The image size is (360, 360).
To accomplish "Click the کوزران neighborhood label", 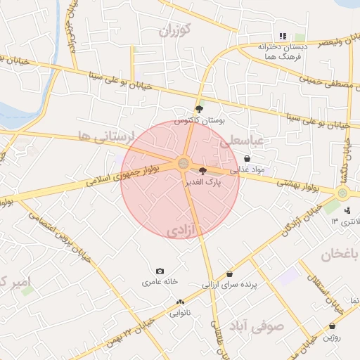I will click(174, 30).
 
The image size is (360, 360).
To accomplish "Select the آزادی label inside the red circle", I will click(184, 231).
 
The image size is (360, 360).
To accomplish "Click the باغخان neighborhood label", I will click(340, 254).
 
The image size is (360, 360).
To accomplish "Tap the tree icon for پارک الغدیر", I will click(203, 170).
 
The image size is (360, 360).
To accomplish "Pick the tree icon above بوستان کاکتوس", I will click(199, 109).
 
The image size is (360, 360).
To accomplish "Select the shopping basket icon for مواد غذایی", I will click(247, 159).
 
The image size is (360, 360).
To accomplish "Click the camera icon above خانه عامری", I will click(160, 271).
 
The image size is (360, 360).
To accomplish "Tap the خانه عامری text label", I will click(160, 282).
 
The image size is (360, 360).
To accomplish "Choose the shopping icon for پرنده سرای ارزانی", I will click(230, 274).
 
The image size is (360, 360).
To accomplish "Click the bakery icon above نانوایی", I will click(180, 302).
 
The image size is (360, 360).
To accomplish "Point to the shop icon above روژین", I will click(332, 326).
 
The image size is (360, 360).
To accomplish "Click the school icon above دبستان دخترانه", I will click(283, 36).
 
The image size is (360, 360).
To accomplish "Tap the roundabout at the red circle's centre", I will click(183, 164).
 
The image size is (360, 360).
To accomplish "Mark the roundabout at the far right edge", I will click(342, 193).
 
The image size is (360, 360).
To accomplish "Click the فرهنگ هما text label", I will click(285, 55).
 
